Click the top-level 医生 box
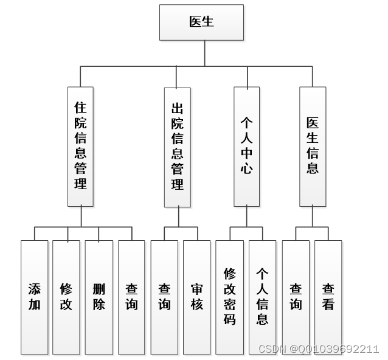(201, 22)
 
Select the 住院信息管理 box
(80, 146)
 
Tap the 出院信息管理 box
(177, 146)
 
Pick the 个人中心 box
(246, 146)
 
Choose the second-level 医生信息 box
(313, 146)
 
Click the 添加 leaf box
(35, 297)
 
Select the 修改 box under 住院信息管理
(66, 297)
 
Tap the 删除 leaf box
(99, 297)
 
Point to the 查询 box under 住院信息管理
(131, 297)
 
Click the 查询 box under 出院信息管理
(164, 297)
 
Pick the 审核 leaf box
(196, 297)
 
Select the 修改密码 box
(229, 297)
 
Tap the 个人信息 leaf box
(262, 297)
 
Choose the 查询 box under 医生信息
(296, 297)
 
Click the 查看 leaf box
(328, 297)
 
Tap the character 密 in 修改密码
(229, 305)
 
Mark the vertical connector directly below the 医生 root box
(204, 53)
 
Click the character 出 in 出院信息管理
(177, 109)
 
